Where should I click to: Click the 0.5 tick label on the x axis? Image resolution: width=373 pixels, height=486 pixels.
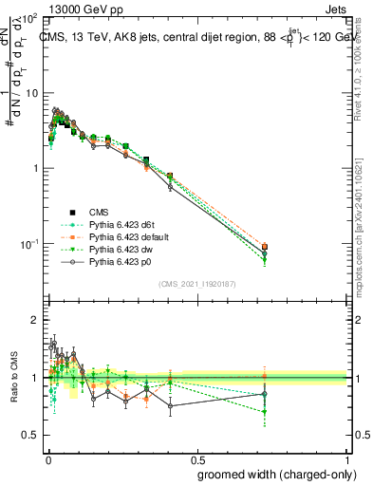coord(197,458)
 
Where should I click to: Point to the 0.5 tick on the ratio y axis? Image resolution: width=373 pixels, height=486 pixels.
coord(29,435)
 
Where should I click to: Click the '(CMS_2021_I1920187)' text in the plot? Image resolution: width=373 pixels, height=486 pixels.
coord(197,284)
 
